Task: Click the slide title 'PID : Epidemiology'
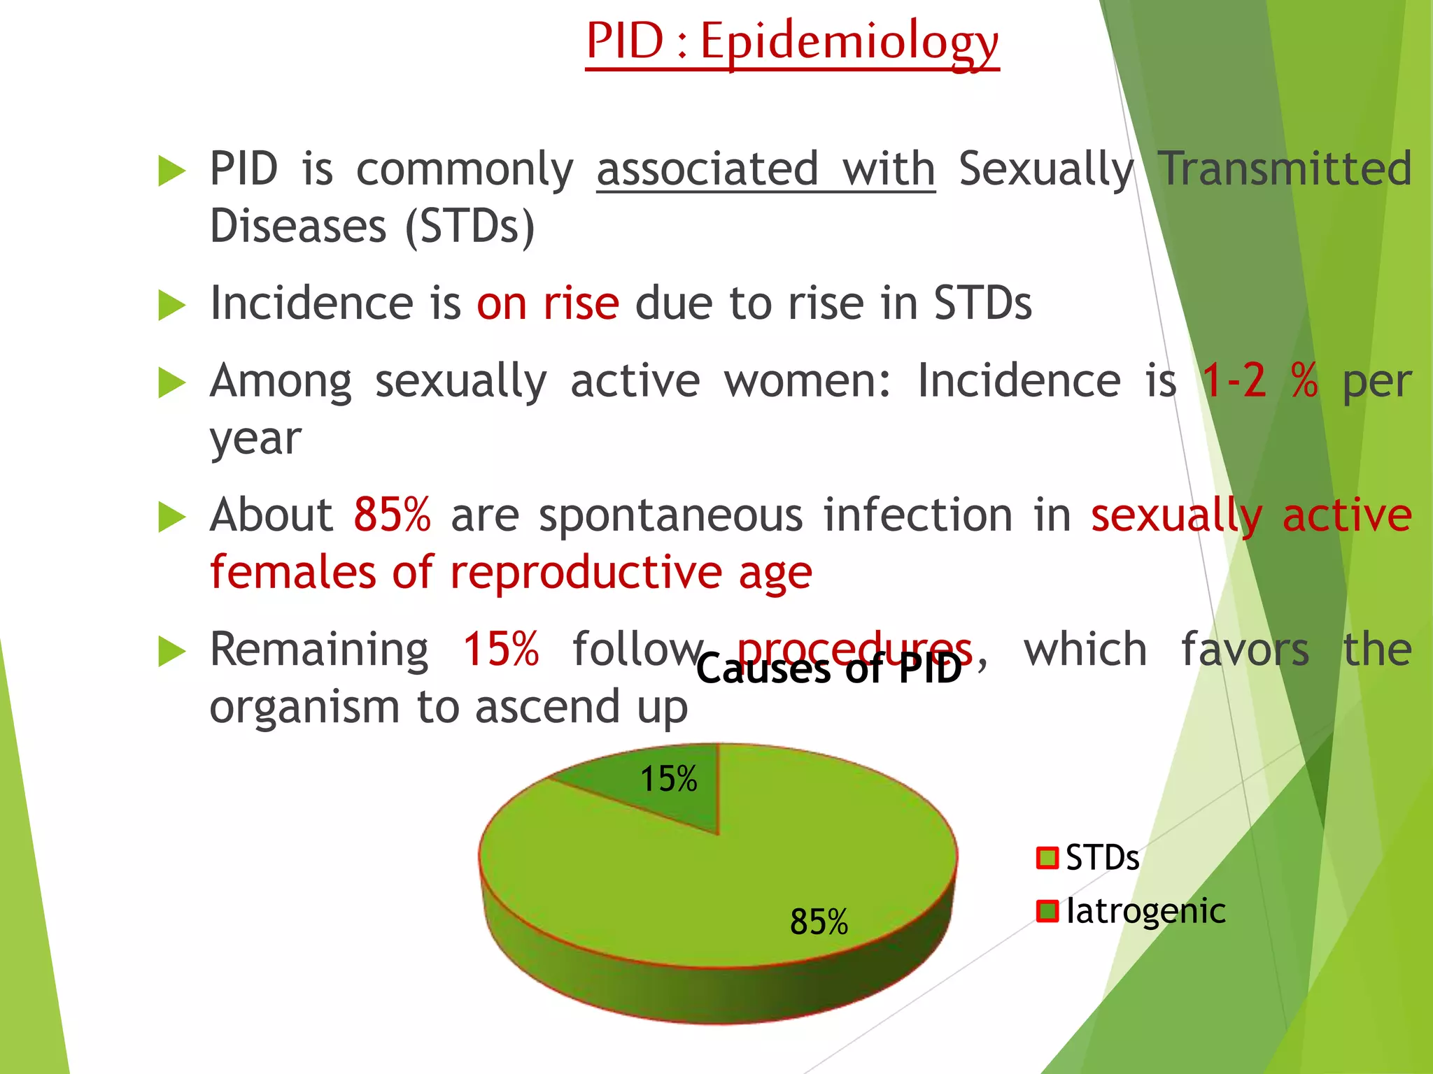pyautogui.click(x=792, y=42)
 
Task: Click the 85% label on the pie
pyautogui.click(x=819, y=922)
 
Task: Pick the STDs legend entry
pyautogui.click(x=1089, y=858)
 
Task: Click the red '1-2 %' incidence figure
pyautogui.click(x=1259, y=381)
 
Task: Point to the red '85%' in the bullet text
pyautogui.click(x=392, y=515)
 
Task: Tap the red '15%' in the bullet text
pyautogui.click(x=501, y=650)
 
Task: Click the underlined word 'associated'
pyautogui.click(x=707, y=169)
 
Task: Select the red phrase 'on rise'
pyautogui.click(x=548, y=304)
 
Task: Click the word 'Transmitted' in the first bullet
pyautogui.click(x=1285, y=169)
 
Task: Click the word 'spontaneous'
pyautogui.click(x=670, y=516)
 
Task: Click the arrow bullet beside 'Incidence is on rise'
pyautogui.click(x=171, y=306)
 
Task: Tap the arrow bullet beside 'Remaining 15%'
pyautogui.click(x=171, y=651)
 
